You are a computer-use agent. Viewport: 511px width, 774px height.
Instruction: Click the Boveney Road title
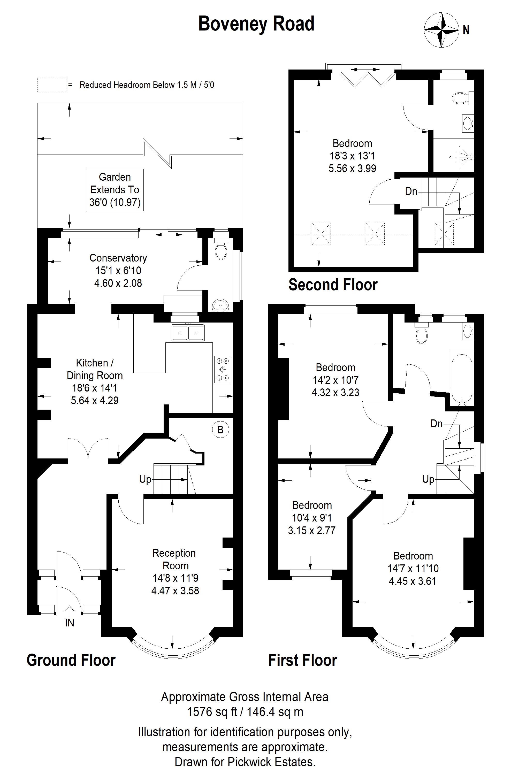tap(256, 24)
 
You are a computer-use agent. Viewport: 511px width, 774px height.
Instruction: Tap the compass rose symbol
tap(441, 30)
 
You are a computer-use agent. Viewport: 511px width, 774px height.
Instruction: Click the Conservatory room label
tap(118, 258)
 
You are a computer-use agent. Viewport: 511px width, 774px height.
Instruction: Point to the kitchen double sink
tap(188, 333)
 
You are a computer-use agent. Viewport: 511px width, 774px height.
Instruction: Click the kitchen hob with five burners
tap(223, 369)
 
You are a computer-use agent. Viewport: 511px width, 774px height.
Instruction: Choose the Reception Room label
tap(175, 559)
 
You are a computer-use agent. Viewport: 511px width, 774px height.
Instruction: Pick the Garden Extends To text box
tap(115, 190)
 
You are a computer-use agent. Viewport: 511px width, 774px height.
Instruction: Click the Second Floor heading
tap(333, 285)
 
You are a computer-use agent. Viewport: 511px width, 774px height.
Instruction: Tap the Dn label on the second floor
tap(411, 191)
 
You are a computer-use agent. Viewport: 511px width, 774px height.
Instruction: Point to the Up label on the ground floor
tap(145, 479)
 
